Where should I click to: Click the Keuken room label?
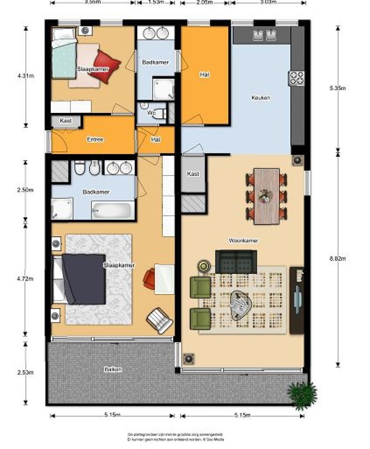[x=261, y=98]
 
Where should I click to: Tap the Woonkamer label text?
[x=243, y=240]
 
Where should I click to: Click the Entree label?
[x=95, y=139]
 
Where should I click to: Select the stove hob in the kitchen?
[x=296, y=78]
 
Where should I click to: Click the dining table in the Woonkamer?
[x=266, y=196]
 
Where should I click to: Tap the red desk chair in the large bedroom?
[x=149, y=279]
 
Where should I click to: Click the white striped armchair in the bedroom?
[x=159, y=320]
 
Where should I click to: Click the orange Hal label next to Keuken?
[x=204, y=75]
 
